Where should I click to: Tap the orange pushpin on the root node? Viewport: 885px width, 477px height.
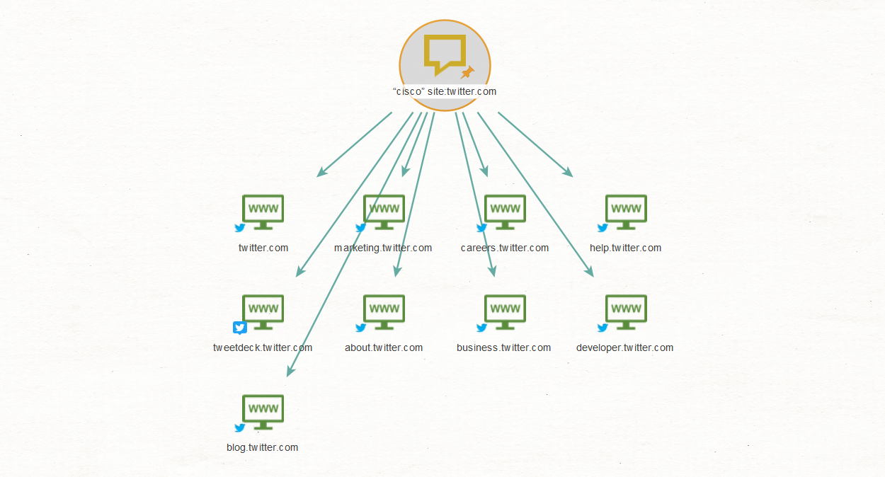click(x=467, y=72)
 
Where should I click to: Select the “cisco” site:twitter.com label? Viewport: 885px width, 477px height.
click(x=445, y=91)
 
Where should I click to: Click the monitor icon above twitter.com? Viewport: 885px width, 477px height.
click(x=263, y=212)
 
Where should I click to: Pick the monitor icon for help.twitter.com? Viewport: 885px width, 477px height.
click(x=626, y=212)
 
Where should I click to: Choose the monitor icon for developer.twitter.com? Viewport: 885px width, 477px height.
click(x=626, y=312)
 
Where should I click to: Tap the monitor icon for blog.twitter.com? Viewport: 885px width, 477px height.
click(x=263, y=412)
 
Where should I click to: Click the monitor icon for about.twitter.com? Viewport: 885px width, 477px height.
click(x=384, y=312)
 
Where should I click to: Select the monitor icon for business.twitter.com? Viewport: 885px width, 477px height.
click(x=505, y=312)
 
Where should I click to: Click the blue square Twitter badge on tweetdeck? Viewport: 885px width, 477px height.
click(x=240, y=328)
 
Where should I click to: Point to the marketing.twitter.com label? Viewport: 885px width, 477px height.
click(x=383, y=248)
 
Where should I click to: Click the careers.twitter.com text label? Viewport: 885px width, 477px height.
click(x=505, y=248)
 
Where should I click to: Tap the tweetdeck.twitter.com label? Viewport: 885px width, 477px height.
click(x=263, y=347)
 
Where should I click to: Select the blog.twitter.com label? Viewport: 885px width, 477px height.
click(x=263, y=447)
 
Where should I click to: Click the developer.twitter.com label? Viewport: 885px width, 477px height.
click(x=624, y=348)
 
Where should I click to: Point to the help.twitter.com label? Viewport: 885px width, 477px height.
click(x=625, y=248)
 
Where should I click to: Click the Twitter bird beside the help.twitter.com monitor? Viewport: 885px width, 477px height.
click(x=603, y=228)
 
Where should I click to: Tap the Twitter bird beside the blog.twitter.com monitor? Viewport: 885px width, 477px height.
click(x=240, y=427)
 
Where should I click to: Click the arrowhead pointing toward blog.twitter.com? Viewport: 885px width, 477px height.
click(x=290, y=371)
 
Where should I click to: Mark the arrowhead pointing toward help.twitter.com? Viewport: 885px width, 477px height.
click(x=568, y=172)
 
